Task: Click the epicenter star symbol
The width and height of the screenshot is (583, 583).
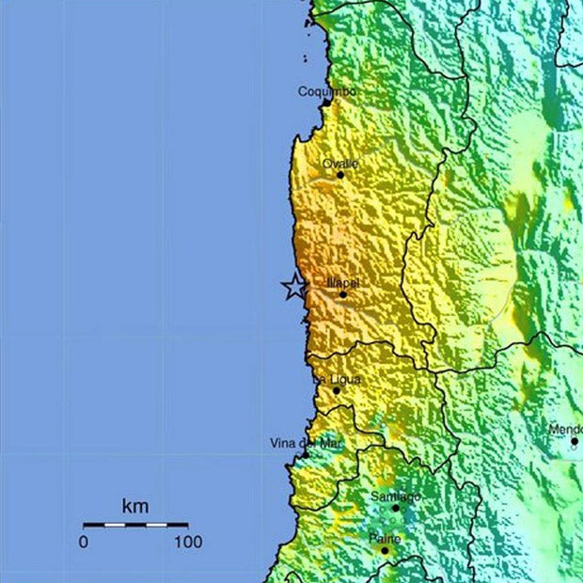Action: (294, 287)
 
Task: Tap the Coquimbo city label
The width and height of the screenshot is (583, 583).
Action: (326, 91)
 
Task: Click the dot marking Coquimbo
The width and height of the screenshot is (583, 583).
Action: (325, 102)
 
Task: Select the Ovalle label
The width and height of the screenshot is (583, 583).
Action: (340, 164)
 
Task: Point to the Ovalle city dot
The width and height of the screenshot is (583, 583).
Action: (340, 175)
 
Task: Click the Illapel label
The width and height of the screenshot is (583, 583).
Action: (342, 282)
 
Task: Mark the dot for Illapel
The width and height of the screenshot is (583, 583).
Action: (342, 294)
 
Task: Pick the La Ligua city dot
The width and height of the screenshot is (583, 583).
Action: (337, 390)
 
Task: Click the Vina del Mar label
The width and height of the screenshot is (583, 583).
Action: (307, 443)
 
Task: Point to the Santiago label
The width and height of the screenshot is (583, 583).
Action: (395, 496)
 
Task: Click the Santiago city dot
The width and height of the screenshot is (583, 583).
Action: (395, 508)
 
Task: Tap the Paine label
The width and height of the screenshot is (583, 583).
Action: (385, 538)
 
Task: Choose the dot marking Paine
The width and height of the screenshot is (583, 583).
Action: (385, 549)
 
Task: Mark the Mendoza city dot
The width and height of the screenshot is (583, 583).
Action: (575, 440)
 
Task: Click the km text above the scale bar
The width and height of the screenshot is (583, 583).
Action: (134, 507)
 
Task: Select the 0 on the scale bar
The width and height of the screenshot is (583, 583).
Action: (83, 543)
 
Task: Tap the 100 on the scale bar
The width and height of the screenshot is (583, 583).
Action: (188, 543)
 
